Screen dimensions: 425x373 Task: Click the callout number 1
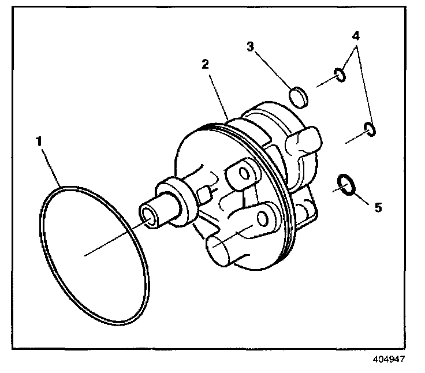(x=40, y=140)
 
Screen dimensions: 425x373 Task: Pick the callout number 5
(x=378, y=207)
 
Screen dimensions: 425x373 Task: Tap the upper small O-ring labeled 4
(x=340, y=75)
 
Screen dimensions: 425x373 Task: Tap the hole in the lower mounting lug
(x=264, y=218)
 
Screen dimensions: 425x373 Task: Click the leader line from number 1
(x=51, y=167)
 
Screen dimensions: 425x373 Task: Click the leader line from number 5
(x=361, y=196)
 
